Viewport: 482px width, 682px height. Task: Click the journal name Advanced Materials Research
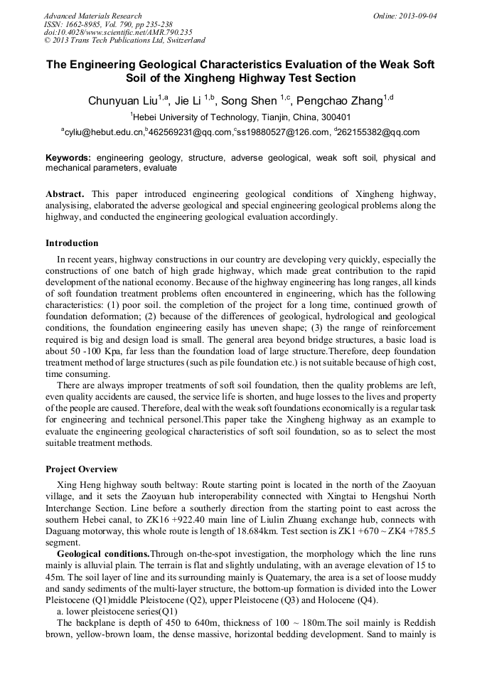pos(92,16)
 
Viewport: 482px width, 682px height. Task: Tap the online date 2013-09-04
pos(418,16)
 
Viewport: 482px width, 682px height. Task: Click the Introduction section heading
pos(72,243)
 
